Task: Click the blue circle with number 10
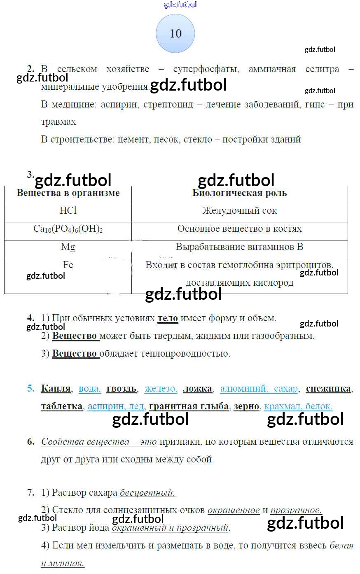(175, 33)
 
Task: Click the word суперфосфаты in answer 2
(206, 69)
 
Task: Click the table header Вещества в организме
(68, 193)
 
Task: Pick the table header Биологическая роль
(239, 193)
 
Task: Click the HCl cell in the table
(68, 211)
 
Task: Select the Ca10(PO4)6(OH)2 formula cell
(68, 229)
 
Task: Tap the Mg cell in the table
(68, 247)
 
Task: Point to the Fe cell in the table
(68, 265)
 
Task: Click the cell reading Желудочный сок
(239, 211)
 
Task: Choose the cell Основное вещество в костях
(239, 229)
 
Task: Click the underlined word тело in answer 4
(168, 318)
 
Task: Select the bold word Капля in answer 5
(56, 389)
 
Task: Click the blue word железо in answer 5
(161, 389)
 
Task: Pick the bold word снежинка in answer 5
(329, 389)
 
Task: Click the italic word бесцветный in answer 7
(147, 493)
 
